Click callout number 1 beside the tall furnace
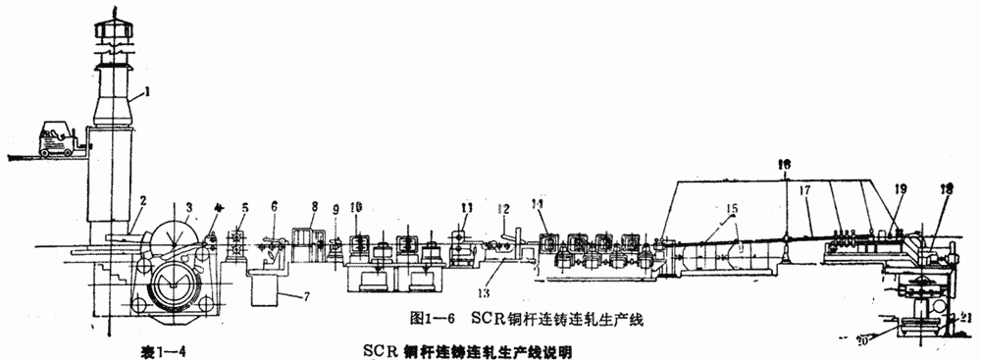145,91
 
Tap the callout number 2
142,202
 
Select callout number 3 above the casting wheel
187,207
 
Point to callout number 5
244,207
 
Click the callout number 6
274,206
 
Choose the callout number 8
314,207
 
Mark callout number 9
335,208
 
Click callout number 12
503,207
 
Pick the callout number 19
900,186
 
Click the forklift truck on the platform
58,138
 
